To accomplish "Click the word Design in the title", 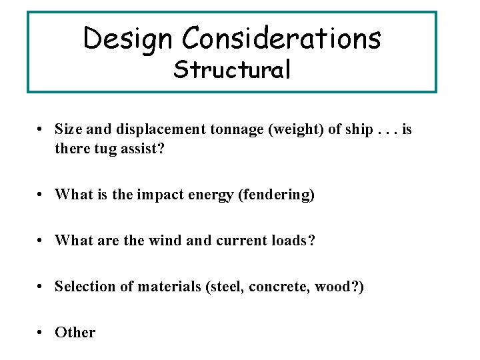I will tap(128, 38).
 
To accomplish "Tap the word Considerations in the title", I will tap(281, 38).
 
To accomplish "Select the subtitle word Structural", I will tap(232, 69).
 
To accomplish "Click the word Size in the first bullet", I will tap(67, 129).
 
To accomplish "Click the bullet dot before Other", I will tap(41, 333).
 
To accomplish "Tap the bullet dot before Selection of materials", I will tap(41, 287).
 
